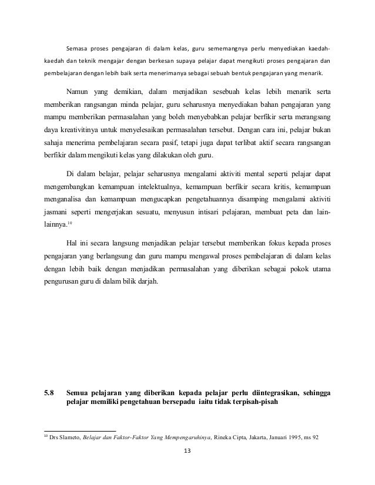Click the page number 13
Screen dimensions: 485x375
[x=187, y=452]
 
